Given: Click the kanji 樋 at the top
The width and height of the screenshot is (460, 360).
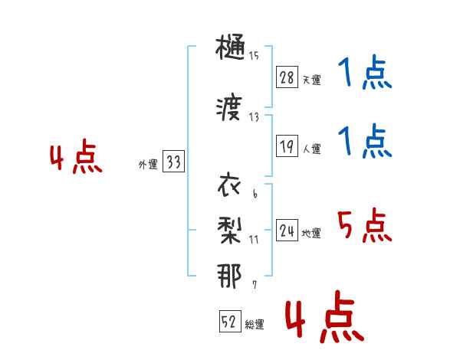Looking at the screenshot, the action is pos(230,47).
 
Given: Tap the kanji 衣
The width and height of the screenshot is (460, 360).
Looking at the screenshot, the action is pos(229,185).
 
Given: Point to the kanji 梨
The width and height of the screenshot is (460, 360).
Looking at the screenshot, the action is pos(230,231).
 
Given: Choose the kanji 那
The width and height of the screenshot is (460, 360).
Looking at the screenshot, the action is pos(229,276).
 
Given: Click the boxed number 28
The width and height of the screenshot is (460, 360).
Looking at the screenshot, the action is pos(287,77).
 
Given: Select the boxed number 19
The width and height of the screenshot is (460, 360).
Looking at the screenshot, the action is pos(287,146).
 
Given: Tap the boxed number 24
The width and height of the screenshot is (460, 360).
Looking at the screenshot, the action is pos(287,231).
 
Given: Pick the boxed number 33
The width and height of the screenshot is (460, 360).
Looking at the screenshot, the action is pos(173,162).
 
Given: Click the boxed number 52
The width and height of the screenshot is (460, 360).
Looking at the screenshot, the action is pos(230,321).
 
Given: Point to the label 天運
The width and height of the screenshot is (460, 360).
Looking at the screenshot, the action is pos(312,80).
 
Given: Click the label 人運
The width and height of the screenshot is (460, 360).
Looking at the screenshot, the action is pos(312,149).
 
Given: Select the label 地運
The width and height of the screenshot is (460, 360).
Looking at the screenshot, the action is pos(311,234).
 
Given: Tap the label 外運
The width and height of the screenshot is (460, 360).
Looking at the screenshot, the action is pos(148,164).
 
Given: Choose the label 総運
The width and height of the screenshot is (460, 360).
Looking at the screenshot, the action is pos(255,324).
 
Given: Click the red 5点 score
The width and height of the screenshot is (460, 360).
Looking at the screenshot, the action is pos(365,225).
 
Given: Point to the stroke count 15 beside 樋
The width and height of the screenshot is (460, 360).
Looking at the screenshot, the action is pos(254,56).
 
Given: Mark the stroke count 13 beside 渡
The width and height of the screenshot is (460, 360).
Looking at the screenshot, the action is pos(254,117).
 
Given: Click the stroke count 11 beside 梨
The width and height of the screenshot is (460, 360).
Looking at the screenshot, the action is pos(254,240).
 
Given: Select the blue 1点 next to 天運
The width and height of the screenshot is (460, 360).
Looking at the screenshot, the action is pos(365,72).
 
